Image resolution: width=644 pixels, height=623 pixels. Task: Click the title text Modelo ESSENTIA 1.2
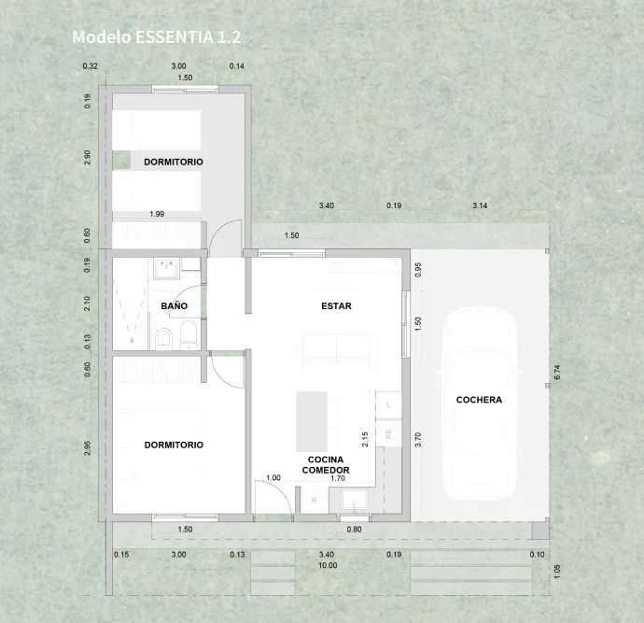[x=157, y=37]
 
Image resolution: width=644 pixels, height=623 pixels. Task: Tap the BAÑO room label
[x=174, y=305]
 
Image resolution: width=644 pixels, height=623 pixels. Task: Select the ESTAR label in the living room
[x=335, y=305]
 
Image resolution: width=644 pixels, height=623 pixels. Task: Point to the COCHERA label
[x=479, y=400]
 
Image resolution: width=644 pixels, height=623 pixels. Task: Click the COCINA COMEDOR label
[x=326, y=465]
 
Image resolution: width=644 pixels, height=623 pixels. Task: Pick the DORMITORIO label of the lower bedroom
[x=174, y=445]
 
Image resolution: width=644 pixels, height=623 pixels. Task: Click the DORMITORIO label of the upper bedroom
[x=174, y=163]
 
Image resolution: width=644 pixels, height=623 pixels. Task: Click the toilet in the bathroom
[x=163, y=337]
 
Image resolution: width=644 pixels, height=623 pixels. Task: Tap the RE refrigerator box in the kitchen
[x=388, y=433]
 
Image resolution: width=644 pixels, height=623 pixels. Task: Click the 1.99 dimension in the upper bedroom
[x=157, y=215]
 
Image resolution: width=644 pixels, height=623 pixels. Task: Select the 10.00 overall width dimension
[x=328, y=565]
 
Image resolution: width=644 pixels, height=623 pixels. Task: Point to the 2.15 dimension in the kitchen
[x=365, y=439]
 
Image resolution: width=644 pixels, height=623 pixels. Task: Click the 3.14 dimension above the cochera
[x=480, y=205]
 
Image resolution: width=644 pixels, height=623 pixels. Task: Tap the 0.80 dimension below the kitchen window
[x=354, y=530]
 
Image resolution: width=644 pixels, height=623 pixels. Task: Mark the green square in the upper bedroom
[x=121, y=160]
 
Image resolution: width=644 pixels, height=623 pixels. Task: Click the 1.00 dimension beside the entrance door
[x=273, y=477]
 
